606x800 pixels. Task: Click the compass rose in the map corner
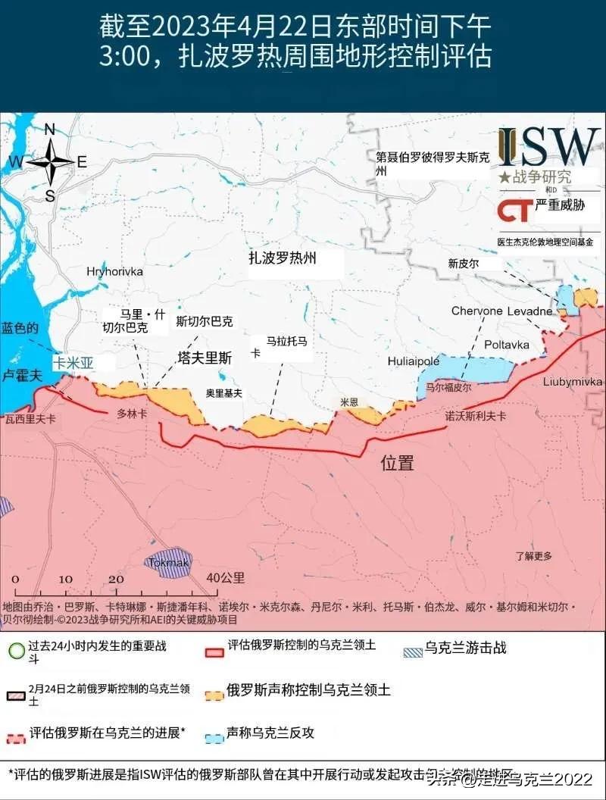pyautogui.click(x=50, y=161)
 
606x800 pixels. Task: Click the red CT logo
pyautogui.click(x=515, y=209)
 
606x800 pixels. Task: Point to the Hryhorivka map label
pyautogui.click(x=114, y=271)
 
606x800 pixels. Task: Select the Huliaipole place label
pyautogui.click(x=414, y=361)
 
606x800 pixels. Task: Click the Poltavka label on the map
pyautogui.click(x=507, y=345)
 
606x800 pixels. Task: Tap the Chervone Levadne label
pyautogui.click(x=502, y=311)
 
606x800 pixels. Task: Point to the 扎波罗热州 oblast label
pyautogui.click(x=283, y=258)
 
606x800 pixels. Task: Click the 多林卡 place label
pyautogui.click(x=132, y=414)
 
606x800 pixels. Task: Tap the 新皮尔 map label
pyautogui.click(x=464, y=264)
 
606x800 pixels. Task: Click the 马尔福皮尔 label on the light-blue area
pyautogui.click(x=448, y=386)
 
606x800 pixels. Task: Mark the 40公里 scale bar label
pyautogui.click(x=226, y=577)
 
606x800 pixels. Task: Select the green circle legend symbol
pyautogui.click(x=15, y=651)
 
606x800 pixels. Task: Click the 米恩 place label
pyautogui.click(x=349, y=402)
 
